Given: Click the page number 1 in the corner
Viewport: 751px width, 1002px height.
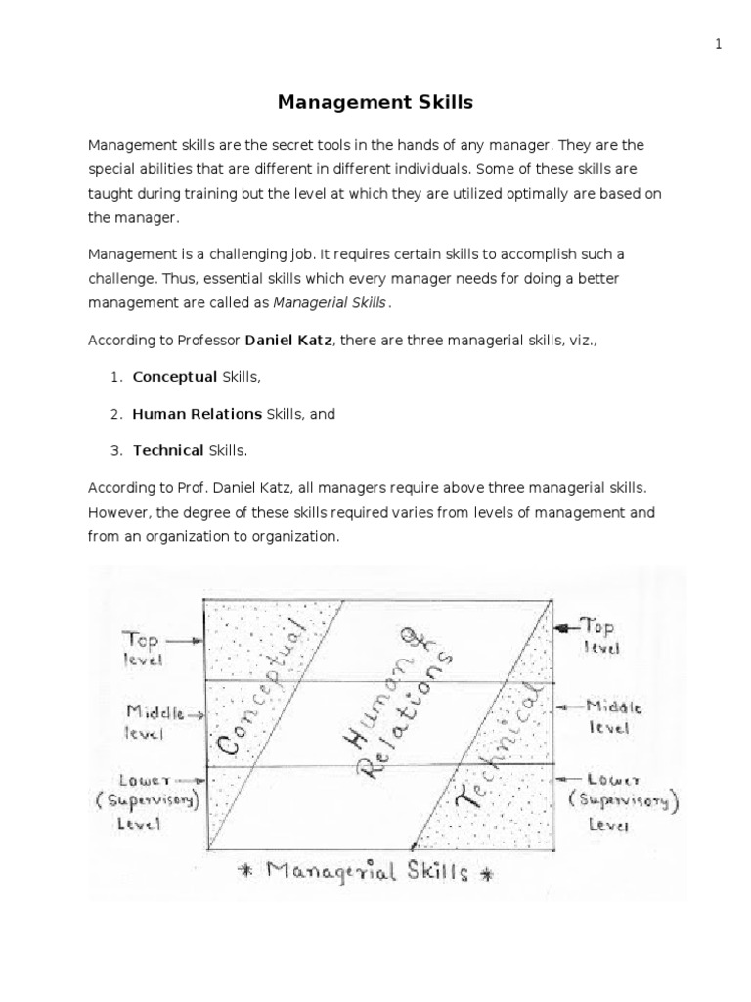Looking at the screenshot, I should pyautogui.click(x=718, y=44).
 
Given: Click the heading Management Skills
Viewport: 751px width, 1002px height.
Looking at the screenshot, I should pyautogui.click(x=375, y=101).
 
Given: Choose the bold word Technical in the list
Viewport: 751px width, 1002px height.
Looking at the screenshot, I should pyautogui.click(x=168, y=450).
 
